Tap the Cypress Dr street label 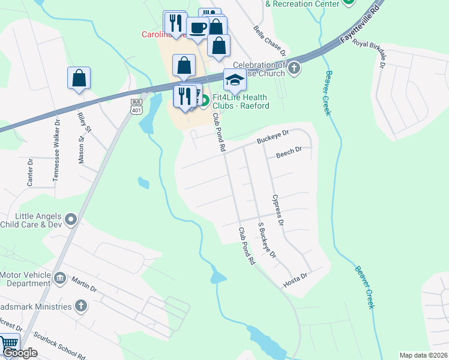pyautogui.click(x=277, y=209)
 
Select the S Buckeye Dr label pyautogui.click(x=266, y=241)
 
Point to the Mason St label pyautogui.click(x=82, y=149)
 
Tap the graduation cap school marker pyautogui.click(x=235, y=79)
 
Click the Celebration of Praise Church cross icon pyautogui.click(x=294, y=67)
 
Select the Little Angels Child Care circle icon pyautogui.click(x=71, y=220)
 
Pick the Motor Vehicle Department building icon pyautogui.click(x=60, y=278)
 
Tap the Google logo pyautogui.click(x=20, y=353)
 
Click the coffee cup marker pyautogui.click(x=197, y=26)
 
